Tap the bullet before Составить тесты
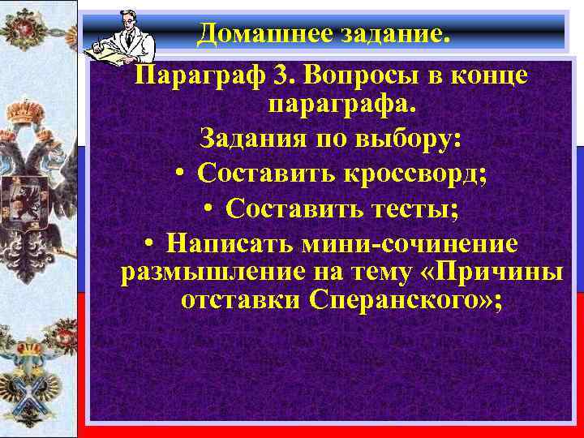[x=208, y=209]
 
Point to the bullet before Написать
[x=149, y=244]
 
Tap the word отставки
[x=240, y=301]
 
